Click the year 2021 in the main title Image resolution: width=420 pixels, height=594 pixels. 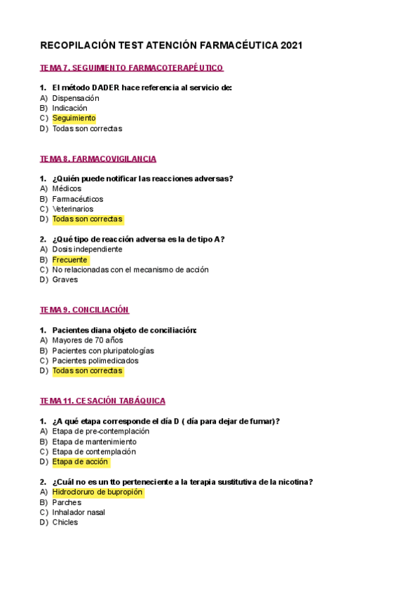(x=291, y=46)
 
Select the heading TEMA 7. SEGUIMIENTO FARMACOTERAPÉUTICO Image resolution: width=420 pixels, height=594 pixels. (x=132, y=68)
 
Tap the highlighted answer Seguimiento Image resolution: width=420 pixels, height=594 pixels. (x=74, y=118)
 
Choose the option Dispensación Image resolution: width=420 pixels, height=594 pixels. (x=76, y=98)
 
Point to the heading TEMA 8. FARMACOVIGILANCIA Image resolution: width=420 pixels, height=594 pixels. (x=98, y=159)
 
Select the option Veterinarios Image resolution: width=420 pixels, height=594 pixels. (x=72, y=209)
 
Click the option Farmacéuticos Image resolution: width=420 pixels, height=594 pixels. (x=77, y=199)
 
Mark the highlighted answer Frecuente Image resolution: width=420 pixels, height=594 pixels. (x=70, y=260)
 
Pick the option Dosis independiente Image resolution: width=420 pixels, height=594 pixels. (x=87, y=249)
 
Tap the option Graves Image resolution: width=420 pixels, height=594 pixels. (x=65, y=279)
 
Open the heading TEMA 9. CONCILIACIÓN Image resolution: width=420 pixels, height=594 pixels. (x=84, y=310)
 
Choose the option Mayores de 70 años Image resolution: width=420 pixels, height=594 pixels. (x=87, y=340)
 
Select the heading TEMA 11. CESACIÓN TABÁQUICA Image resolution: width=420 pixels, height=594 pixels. (x=102, y=401)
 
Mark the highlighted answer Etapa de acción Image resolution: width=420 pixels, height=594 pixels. (x=80, y=462)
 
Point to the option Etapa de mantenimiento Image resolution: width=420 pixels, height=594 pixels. (x=94, y=442)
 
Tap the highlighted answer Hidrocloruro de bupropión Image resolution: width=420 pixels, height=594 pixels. (x=97, y=492)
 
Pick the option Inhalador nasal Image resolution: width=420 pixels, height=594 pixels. (x=79, y=512)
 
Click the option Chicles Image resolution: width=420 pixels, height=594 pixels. (x=65, y=523)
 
